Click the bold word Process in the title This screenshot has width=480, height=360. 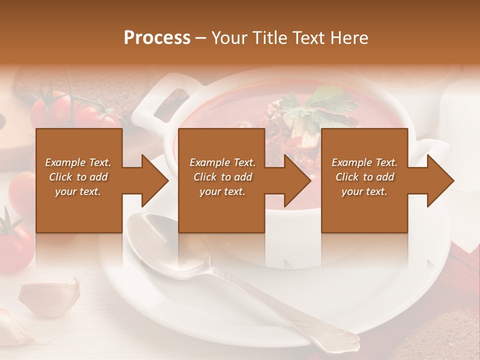click(x=157, y=38)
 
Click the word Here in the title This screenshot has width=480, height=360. click(x=349, y=38)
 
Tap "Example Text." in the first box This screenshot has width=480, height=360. click(x=78, y=162)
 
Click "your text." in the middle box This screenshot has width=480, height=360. click(x=222, y=191)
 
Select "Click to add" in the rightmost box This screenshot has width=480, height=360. click(x=365, y=177)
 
